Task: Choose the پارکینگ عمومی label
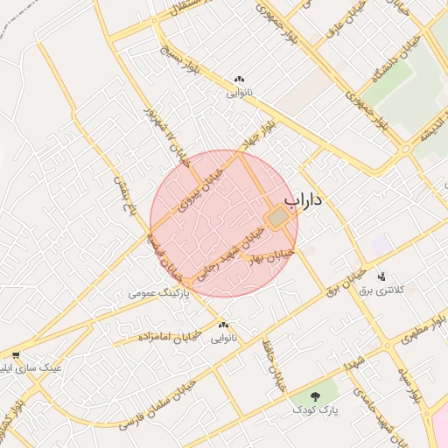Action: pos(157,294)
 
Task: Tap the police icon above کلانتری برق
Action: pos(381,276)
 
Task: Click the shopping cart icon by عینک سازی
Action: pos(16,355)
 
